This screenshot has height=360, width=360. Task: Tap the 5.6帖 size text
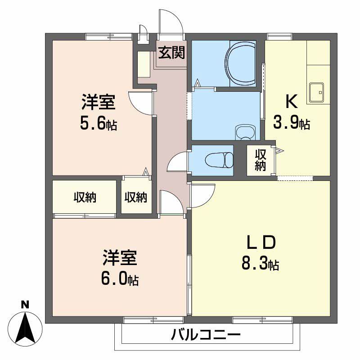click(x=99, y=124)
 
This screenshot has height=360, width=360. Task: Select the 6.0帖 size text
click(x=119, y=279)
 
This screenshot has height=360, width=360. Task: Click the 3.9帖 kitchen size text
click(x=292, y=123)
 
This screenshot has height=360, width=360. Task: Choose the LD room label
click(x=261, y=243)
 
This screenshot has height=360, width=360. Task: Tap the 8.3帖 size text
click(x=261, y=264)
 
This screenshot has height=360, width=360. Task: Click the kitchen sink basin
click(x=318, y=93)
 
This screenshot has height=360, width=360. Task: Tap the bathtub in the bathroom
click(x=243, y=63)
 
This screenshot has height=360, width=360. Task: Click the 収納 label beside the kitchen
click(x=261, y=160)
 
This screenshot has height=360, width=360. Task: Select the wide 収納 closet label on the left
click(x=85, y=197)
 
